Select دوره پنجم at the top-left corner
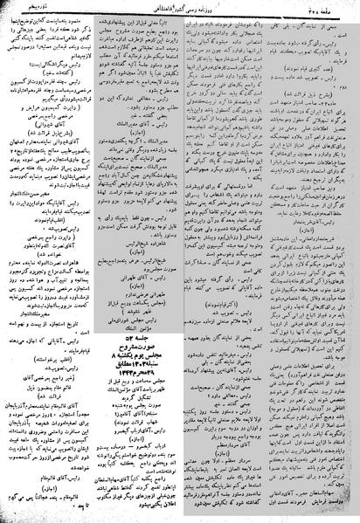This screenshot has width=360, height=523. coord(25,9)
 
